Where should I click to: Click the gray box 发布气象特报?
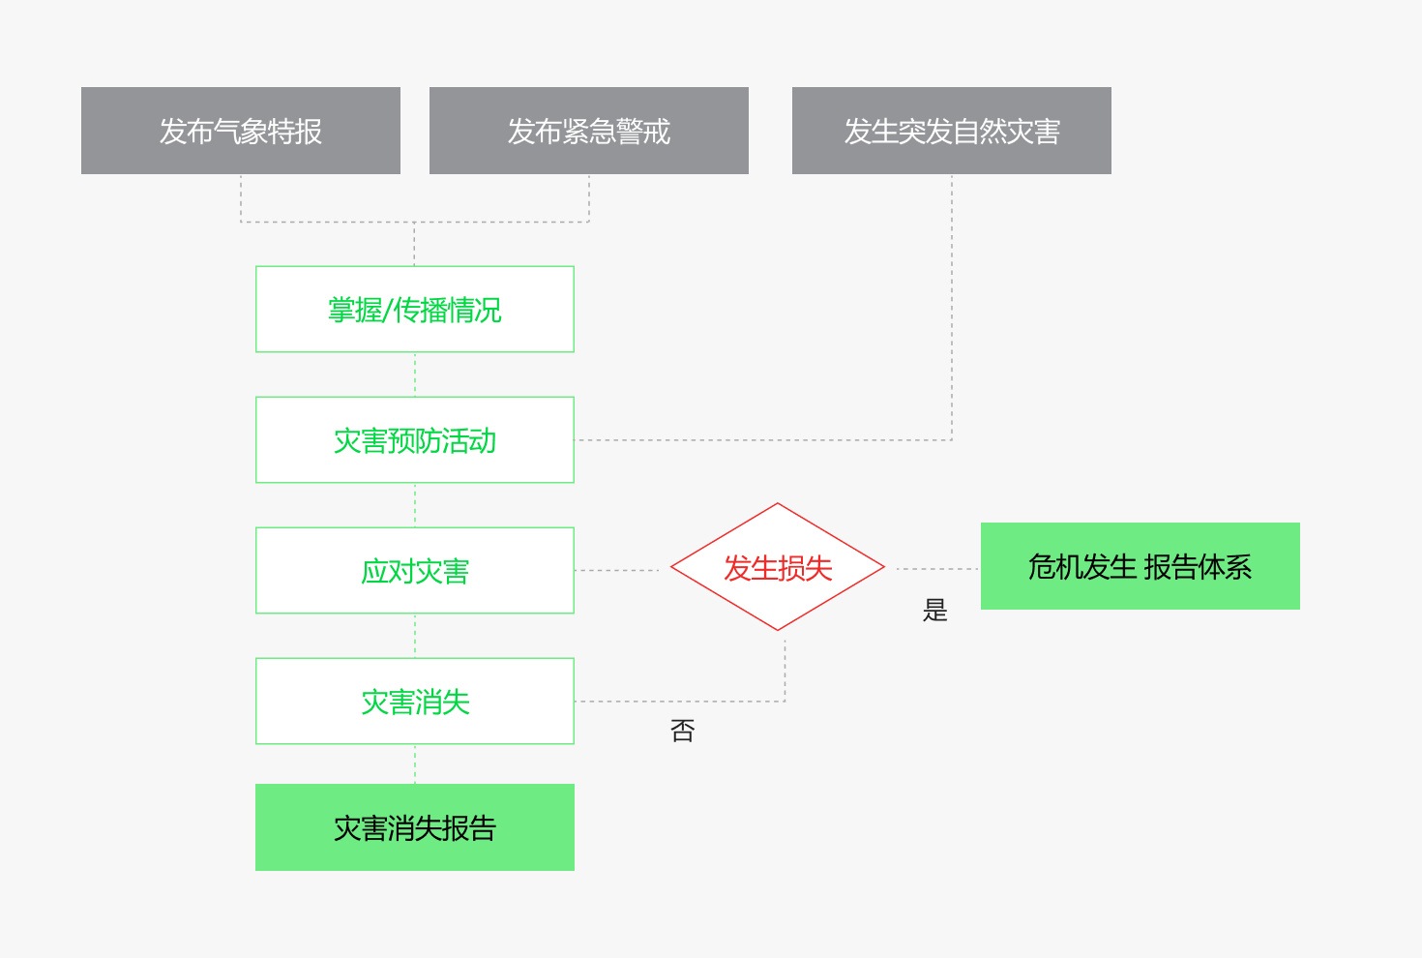[241, 131]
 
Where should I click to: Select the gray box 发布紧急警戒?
[589, 131]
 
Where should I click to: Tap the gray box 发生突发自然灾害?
[952, 131]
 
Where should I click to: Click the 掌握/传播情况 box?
[415, 310]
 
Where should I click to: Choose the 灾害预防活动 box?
[415, 440]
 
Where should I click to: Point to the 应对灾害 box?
[415, 571]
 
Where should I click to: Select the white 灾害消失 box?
[415, 702]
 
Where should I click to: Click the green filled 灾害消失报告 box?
[415, 827]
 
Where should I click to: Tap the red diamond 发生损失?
[778, 567]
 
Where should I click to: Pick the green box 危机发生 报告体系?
[1141, 566]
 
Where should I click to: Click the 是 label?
[935, 610]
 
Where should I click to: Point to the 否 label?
[683, 731]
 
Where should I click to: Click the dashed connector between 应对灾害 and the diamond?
[617, 571]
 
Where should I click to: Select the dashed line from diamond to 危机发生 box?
[937, 569]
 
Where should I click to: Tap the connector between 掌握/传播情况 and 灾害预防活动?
[415, 374]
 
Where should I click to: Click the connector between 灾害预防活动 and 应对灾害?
[415, 505]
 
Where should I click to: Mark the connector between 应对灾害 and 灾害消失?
[415, 636]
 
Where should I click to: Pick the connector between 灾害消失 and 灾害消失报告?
[415, 764]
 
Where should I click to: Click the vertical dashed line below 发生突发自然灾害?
[952, 308]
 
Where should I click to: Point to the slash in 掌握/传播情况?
[388, 311]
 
